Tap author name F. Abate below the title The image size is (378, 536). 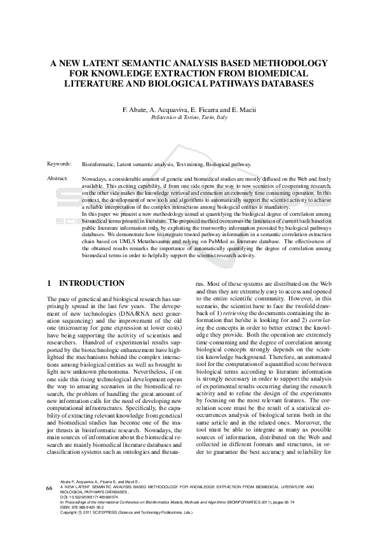click(x=136, y=109)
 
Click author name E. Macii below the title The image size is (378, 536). click(x=243, y=109)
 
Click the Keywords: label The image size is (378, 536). click(x=59, y=164)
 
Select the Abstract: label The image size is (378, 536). click(x=58, y=178)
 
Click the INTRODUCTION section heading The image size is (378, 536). click(x=92, y=283)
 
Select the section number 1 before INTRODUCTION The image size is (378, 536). click(x=50, y=283)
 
